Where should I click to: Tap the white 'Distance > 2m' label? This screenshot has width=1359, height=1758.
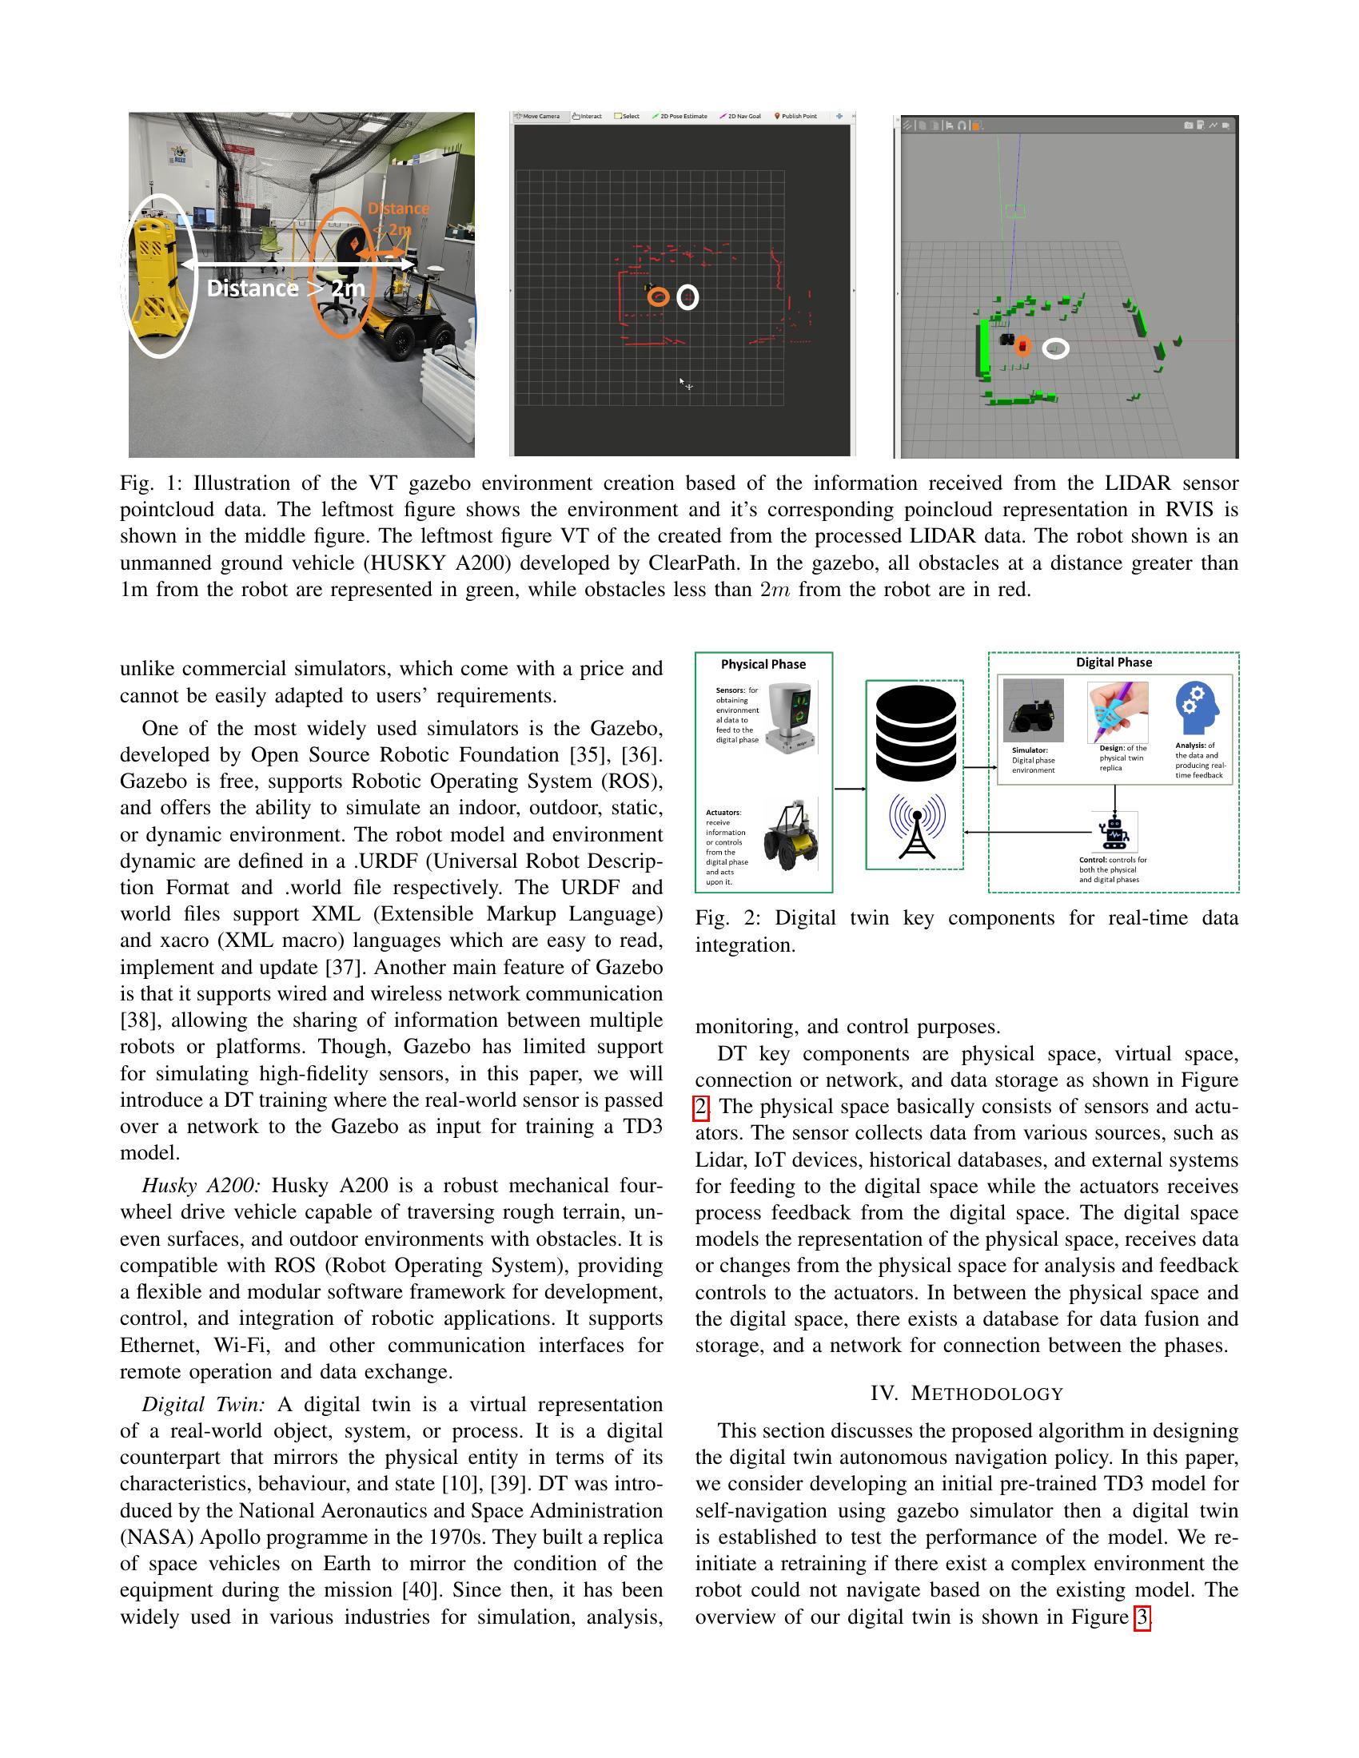(286, 288)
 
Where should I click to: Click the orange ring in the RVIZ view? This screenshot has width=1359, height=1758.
(658, 297)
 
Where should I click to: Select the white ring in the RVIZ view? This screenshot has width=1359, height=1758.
(687, 297)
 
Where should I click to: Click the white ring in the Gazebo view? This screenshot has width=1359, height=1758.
(1055, 348)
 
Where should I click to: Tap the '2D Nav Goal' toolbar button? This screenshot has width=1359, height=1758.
(740, 117)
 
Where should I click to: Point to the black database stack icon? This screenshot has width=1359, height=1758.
(916, 732)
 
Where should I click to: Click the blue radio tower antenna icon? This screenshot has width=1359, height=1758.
(917, 826)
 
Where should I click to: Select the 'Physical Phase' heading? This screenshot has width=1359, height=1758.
(763, 664)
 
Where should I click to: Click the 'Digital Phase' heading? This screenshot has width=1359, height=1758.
(1114, 662)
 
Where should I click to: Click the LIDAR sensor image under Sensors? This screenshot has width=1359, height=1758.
(791, 717)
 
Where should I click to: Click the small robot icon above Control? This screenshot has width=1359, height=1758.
(1114, 833)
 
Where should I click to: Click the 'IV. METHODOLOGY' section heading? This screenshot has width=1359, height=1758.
(966, 1394)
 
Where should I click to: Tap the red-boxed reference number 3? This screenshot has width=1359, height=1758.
(1141, 1617)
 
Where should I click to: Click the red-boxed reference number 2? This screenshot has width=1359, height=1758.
(701, 1107)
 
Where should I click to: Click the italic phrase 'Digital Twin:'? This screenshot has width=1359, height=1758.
(203, 1405)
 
